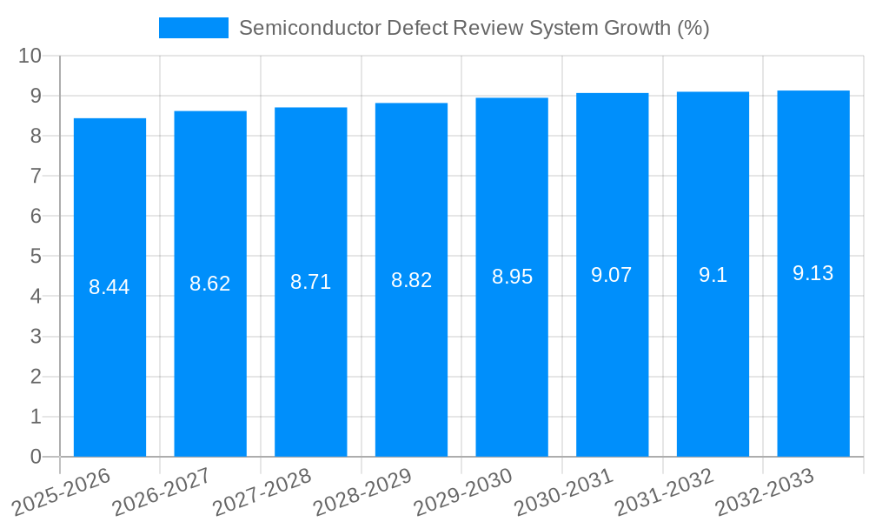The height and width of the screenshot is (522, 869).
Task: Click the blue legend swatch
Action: pos(193,28)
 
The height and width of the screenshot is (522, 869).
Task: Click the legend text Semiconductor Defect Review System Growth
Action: pos(474,28)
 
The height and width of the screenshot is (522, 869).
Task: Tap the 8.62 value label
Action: pos(210,284)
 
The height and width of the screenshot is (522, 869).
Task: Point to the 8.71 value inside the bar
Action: pos(310,282)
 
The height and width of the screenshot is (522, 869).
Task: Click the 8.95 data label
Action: pos(512,277)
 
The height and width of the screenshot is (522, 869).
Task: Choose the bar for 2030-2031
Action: pos(612,365)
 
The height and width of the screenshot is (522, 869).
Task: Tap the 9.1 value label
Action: pos(713,275)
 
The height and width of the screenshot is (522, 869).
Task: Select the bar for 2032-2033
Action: pos(813,365)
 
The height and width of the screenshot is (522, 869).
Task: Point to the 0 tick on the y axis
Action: pos(36,457)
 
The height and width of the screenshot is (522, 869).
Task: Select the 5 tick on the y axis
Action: pos(36,257)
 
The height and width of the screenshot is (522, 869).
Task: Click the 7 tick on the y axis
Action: pos(36,176)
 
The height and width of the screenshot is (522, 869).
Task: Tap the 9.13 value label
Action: pos(813,273)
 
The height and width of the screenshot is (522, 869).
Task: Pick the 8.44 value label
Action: pos(109,287)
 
